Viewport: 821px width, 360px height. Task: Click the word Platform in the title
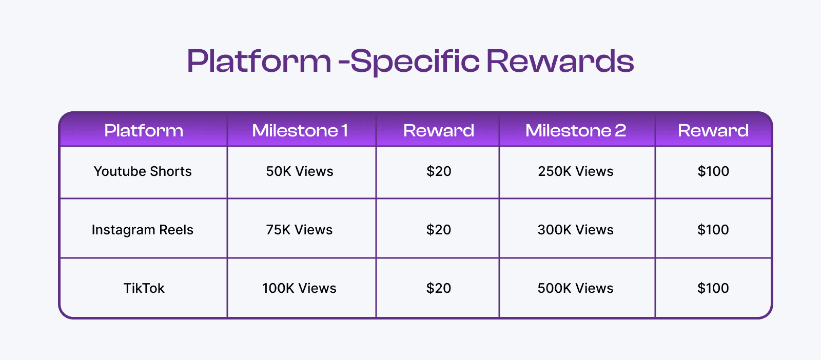click(x=259, y=61)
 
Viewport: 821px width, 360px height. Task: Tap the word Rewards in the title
click(x=560, y=61)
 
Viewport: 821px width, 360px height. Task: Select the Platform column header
click(x=144, y=131)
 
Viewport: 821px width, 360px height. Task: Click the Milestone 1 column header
click(x=300, y=131)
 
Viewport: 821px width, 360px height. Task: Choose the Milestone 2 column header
click(x=576, y=131)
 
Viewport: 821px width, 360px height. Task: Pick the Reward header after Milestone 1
click(x=439, y=131)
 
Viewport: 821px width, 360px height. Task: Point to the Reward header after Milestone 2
click(x=713, y=131)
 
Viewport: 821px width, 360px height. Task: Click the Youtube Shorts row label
click(x=143, y=171)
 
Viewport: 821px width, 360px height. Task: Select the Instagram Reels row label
click(x=143, y=230)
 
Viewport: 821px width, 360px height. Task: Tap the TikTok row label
click(x=144, y=288)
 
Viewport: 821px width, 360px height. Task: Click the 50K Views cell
click(x=300, y=171)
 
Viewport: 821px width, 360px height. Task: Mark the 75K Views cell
click(x=299, y=230)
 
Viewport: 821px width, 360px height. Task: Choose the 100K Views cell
click(x=299, y=288)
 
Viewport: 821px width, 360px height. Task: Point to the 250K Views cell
click(x=576, y=171)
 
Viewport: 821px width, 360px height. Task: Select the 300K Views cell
click(x=576, y=230)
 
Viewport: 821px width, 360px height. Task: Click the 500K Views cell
click(x=576, y=288)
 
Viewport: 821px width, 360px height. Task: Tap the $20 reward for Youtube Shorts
click(x=439, y=171)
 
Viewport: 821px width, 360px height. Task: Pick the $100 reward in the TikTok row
click(x=713, y=288)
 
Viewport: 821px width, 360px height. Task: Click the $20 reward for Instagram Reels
click(x=439, y=230)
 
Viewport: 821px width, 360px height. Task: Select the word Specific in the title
click(x=415, y=61)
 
